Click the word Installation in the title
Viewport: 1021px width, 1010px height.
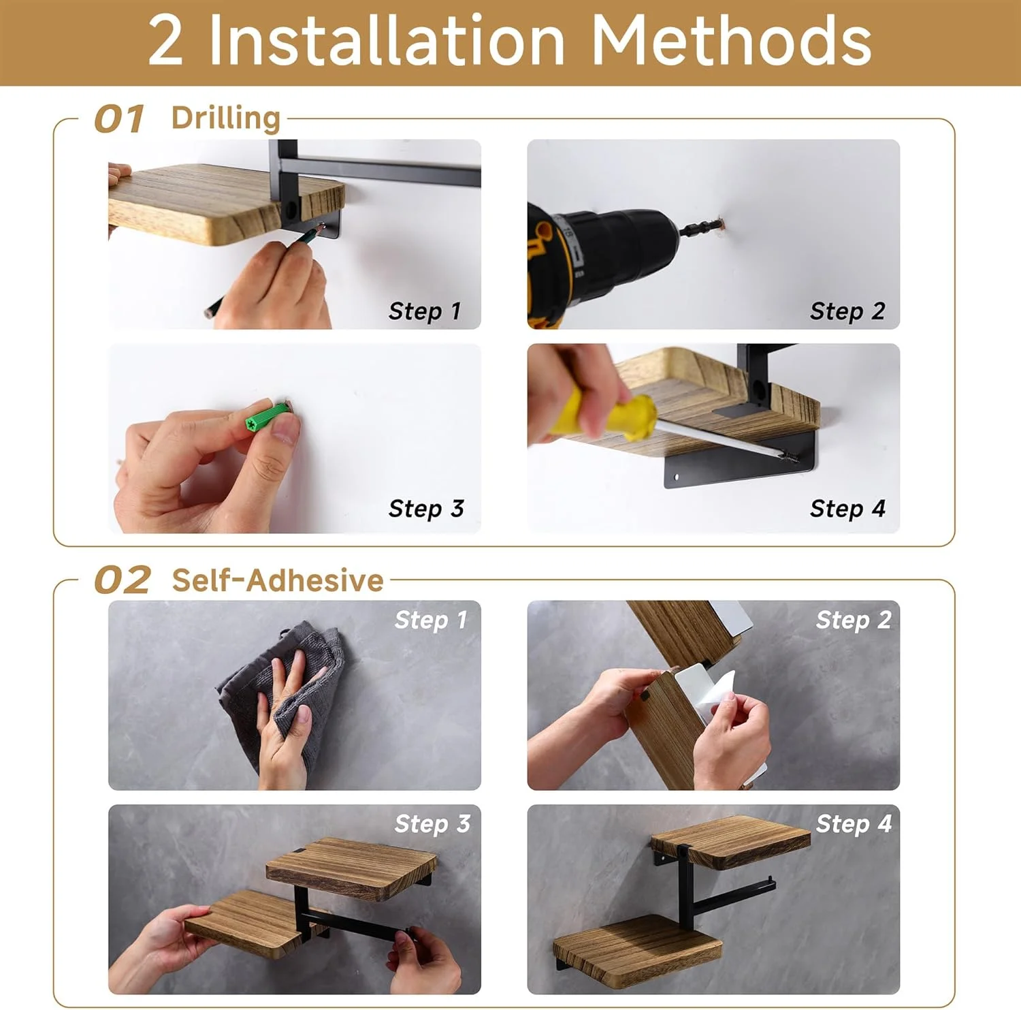(387, 41)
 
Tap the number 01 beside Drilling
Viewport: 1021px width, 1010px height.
(119, 119)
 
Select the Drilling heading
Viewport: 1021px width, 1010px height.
(226, 119)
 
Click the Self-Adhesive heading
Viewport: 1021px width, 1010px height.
(278, 580)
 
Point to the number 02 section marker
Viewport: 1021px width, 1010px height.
(123, 580)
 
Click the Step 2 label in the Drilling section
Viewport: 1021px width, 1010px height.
(847, 312)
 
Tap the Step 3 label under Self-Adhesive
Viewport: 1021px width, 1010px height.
(432, 824)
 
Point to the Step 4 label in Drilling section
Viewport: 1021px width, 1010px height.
(847, 509)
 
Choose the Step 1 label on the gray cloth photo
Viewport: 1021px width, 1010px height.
(431, 620)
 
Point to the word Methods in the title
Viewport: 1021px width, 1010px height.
(731, 41)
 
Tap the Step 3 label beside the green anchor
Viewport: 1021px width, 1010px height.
(426, 509)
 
